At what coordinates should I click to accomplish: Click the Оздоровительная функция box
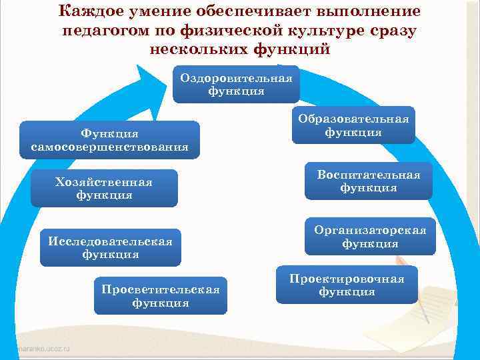(x=236, y=85)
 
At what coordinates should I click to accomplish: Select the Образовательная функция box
(x=353, y=125)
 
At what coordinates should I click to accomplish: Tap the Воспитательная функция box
(x=369, y=181)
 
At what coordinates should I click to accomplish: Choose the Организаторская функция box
(x=370, y=237)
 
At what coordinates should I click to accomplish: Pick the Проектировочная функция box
(x=347, y=285)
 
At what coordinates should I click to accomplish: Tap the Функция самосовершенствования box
(x=110, y=140)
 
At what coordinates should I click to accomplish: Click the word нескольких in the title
(x=199, y=50)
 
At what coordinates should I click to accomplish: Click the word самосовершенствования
(x=110, y=147)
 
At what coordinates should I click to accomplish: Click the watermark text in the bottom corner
(x=37, y=349)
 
